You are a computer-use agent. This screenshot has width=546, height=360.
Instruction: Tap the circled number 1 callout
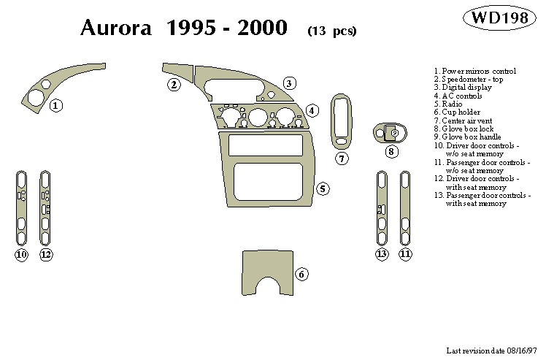click(x=56, y=106)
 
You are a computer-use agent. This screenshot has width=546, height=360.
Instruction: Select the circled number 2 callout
click(x=174, y=85)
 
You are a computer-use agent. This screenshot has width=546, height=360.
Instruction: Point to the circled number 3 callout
click(x=289, y=83)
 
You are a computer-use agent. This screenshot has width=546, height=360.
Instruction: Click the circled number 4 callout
click(x=312, y=110)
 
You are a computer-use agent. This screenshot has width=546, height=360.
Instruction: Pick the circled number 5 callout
click(x=322, y=189)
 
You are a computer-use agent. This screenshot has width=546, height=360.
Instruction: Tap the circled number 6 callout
click(x=301, y=274)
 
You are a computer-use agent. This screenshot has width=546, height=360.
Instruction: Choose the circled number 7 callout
click(x=342, y=158)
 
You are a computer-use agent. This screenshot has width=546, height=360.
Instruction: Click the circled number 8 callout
click(x=392, y=152)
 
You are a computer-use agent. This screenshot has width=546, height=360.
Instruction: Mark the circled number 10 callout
click(x=21, y=254)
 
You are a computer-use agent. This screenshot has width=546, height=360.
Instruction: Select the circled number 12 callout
click(x=46, y=254)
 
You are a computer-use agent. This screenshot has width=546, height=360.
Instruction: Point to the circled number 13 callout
click(x=382, y=253)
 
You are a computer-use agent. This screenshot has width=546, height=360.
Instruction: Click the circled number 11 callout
click(x=405, y=253)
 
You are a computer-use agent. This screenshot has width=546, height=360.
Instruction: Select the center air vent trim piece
click(x=341, y=120)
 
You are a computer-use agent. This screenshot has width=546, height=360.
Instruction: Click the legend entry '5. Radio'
click(x=447, y=104)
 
